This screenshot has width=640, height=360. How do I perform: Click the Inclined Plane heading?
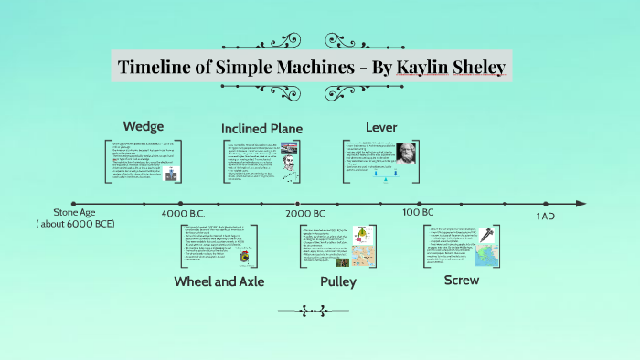coord(261,128)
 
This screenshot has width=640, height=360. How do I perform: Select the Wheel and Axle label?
coord(219,281)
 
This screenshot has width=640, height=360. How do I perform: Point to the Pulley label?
coord(337,281)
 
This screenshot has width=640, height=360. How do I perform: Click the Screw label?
coord(461,280)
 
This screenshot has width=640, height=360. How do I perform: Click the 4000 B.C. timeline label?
coord(187,213)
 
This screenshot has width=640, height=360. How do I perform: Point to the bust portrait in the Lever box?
coord(403,153)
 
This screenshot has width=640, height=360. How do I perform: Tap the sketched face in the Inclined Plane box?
coord(286,167)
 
